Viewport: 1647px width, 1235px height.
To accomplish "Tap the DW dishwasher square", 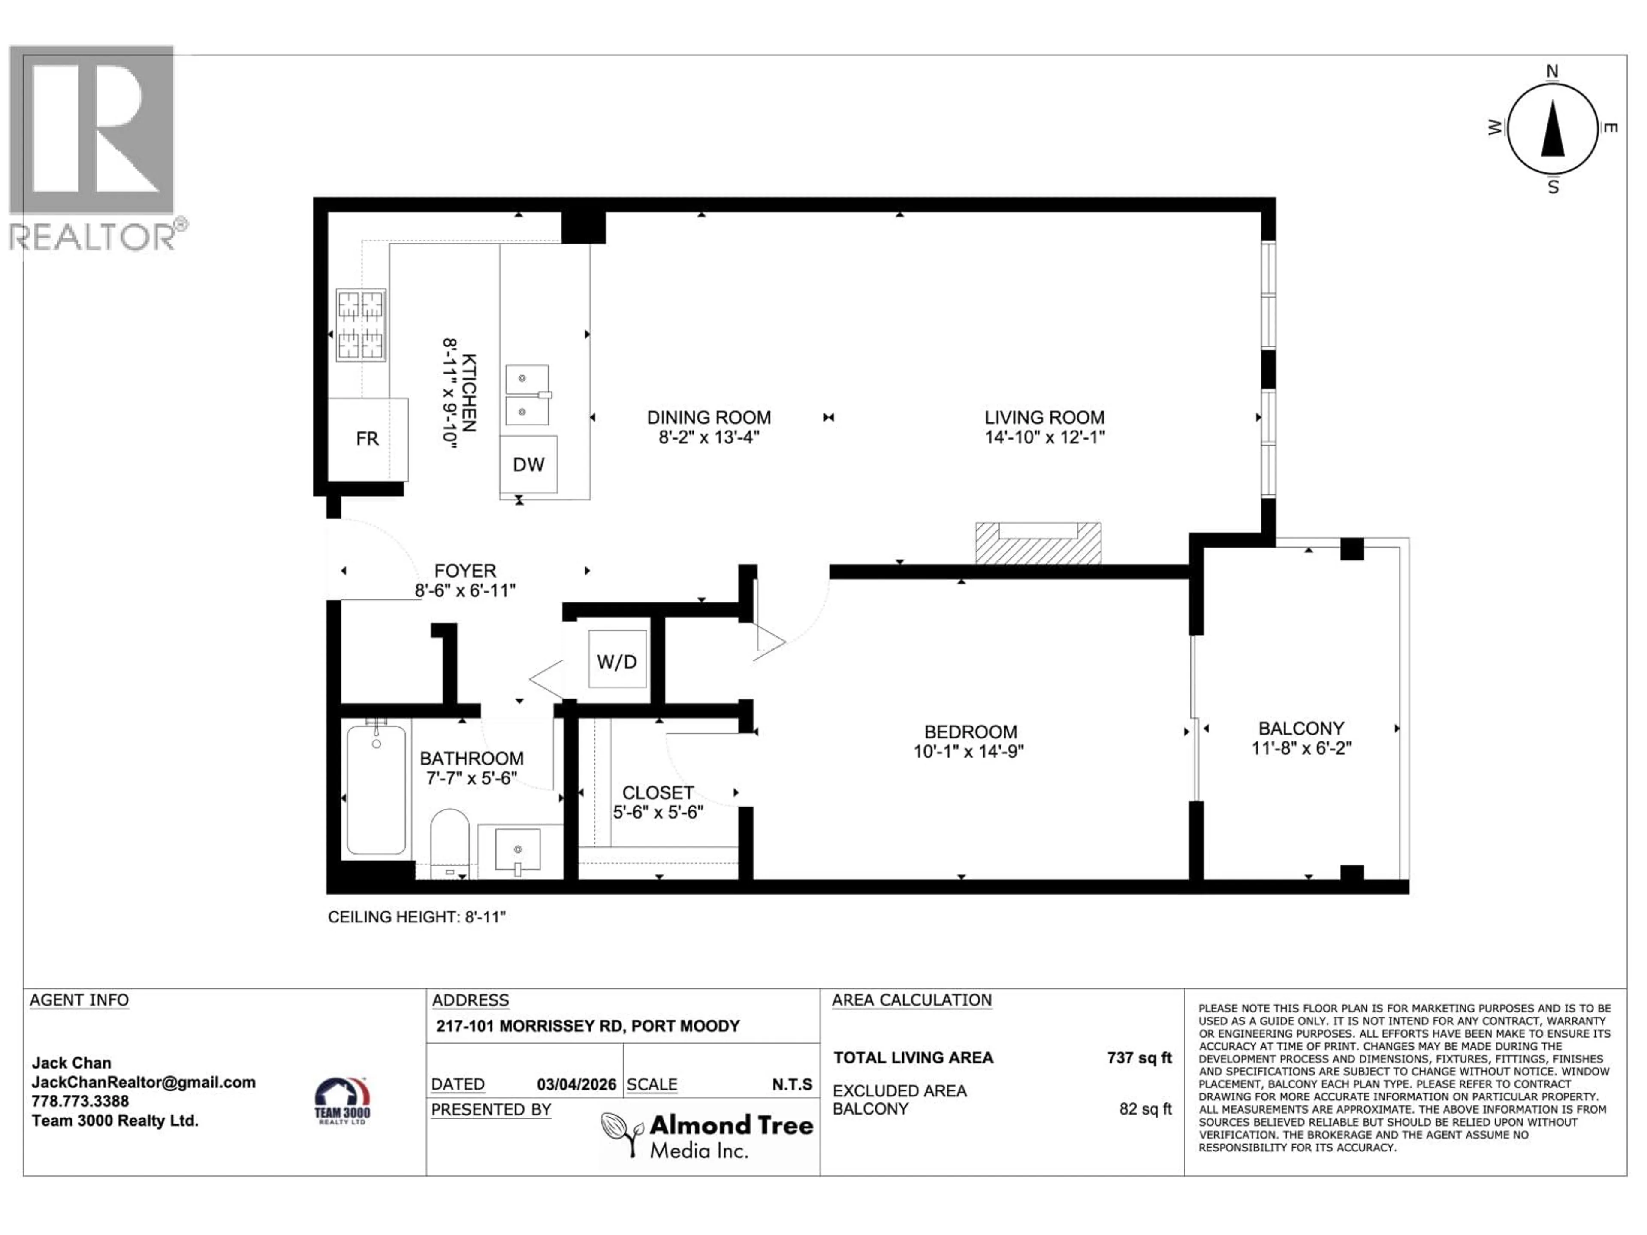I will coord(528,464).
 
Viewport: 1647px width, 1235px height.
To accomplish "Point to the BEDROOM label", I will coord(970,732).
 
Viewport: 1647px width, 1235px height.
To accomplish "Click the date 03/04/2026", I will coord(576,1084).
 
